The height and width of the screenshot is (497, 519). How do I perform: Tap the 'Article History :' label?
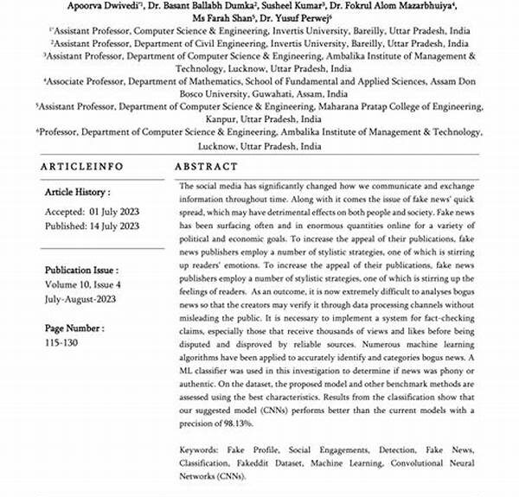[78, 193]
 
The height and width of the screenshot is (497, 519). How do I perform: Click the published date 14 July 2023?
[115, 226]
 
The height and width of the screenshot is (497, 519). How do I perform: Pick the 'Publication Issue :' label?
[81, 270]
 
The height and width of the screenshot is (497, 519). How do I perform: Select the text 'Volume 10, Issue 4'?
[83, 285]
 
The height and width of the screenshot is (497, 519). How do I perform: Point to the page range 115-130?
[62, 342]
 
